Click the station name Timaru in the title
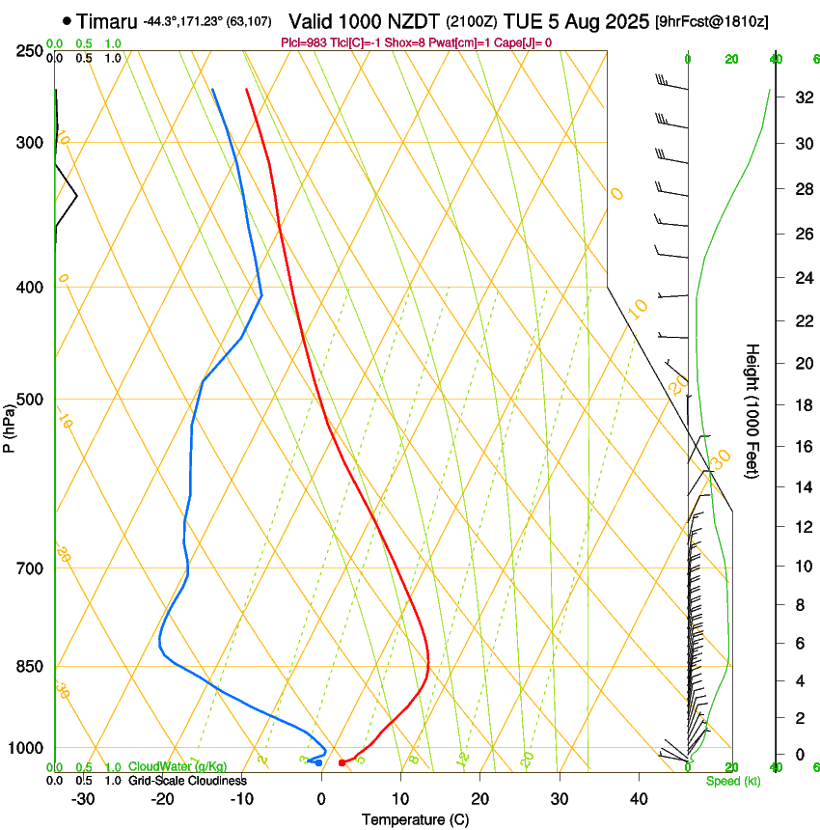click(x=106, y=21)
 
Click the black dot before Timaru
click(x=66, y=20)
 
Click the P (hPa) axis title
click(x=10, y=425)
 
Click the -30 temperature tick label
click(x=83, y=798)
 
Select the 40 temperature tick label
click(x=638, y=798)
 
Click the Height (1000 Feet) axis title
click(x=752, y=411)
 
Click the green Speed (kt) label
click(x=732, y=781)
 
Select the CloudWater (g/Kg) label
click(x=178, y=766)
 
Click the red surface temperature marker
click(x=342, y=762)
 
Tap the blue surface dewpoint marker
click(x=319, y=762)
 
